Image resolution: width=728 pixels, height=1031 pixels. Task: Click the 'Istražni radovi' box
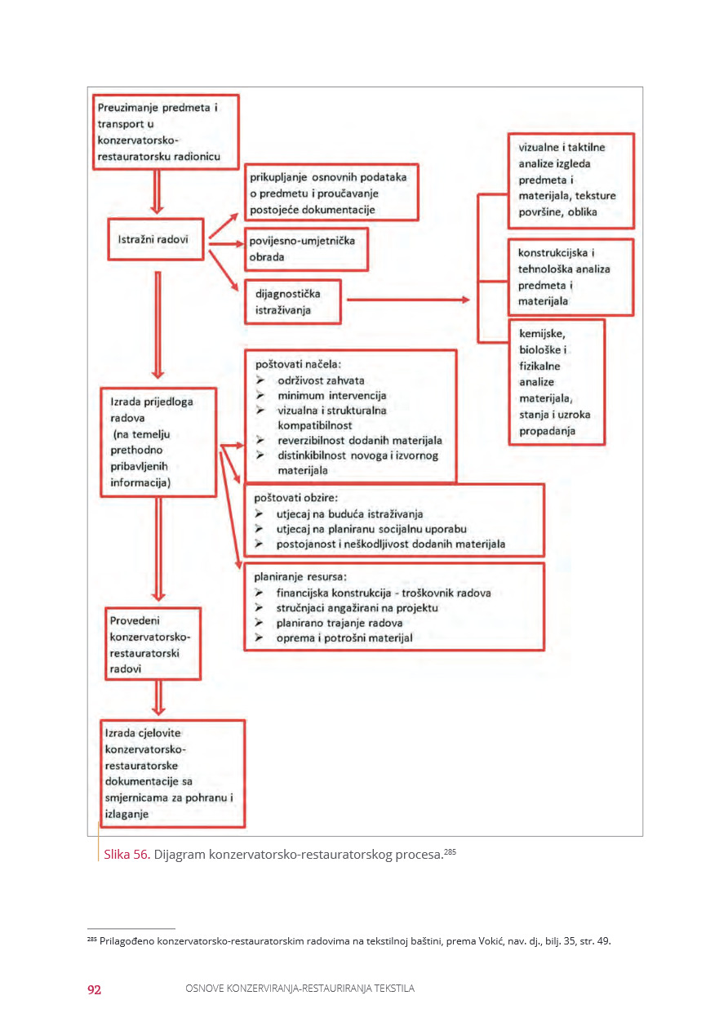(156, 239)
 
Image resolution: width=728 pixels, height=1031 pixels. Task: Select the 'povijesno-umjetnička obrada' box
(306, 249)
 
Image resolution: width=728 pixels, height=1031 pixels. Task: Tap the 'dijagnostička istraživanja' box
(293, 302)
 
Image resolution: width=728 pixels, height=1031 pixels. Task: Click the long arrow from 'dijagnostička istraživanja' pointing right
(408, 300)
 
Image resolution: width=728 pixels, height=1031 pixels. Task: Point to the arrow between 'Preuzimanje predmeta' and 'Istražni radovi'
(157, 192)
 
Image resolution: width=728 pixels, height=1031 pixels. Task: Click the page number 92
(94, 989)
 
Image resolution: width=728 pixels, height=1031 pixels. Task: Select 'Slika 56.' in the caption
(127, 854)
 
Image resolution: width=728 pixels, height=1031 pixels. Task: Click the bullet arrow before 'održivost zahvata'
(260, 380)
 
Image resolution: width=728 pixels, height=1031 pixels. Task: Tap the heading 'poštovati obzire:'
(296, 498)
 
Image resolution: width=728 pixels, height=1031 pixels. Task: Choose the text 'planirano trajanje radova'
(340, 623)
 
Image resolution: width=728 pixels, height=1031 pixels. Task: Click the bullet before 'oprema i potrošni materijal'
(259, 638)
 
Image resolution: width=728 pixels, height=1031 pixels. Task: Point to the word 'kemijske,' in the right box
(542, 334)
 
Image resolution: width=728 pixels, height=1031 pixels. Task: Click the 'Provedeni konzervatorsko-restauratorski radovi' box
(153, 644)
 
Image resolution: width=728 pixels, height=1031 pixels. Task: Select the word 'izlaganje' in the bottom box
(127, 814)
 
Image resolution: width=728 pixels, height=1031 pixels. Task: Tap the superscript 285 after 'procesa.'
(450, 851)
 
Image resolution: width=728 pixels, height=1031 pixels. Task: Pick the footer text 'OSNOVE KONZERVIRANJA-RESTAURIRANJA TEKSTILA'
(300, 989)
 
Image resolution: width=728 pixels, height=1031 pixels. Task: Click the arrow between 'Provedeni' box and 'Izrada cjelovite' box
(158, 698)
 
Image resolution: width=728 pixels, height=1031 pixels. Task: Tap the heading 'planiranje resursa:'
(300, 576)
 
